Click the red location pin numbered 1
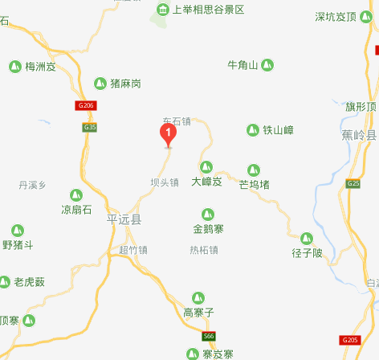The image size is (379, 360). [x=169, y=134]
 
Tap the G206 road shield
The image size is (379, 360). [x=86, y=105]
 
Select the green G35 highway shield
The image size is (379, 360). [x=89, y=127]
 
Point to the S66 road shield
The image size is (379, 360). [x=209, y=335]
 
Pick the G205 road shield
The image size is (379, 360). [x=350, y=341]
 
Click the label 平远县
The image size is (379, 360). [x=124, y=219]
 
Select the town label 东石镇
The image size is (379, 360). [x=176, y=122]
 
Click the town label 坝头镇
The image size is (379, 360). [x=165, y=182]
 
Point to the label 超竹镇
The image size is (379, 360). [x=133, y=250]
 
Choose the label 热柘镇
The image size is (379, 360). [x=204, y=250]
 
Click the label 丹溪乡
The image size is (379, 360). [x=33, y=186]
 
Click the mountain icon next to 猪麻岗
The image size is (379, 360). [x=100, y=83]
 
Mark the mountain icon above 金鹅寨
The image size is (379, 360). [x=207, y=214]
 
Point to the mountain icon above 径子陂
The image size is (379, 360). [x=306, y=238]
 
